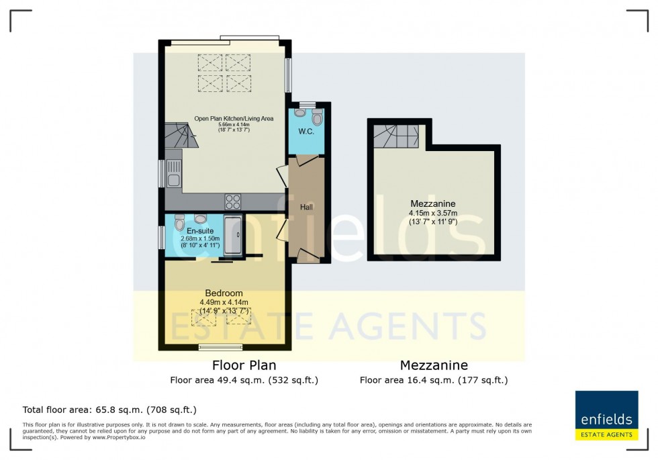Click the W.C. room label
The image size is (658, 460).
pos(306,132)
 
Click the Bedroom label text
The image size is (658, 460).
pos(224,293)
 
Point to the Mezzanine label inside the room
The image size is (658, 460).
pos(433,203)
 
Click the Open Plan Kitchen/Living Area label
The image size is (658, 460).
pos(234,119)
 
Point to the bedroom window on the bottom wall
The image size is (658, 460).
pos(221,347)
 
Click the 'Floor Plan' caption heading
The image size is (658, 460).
pos(244,365)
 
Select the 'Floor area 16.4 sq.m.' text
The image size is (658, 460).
pos(433,380)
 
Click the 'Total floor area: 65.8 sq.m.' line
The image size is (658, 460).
pos(109,409)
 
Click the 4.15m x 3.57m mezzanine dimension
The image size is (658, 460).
pos(433,214)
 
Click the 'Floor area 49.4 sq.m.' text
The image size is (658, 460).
pos(244,380)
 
